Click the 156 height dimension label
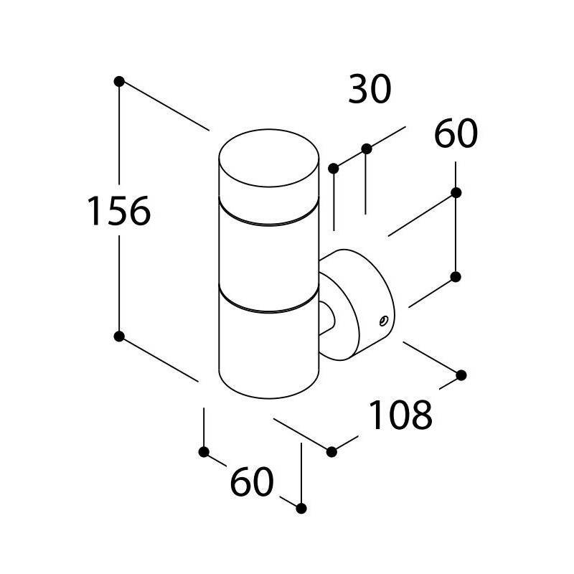pos(119,211)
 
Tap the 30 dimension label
pos(370,88)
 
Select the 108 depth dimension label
pos(401,415)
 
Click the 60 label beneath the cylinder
pos(253,481)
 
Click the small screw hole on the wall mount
pos(383,321)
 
